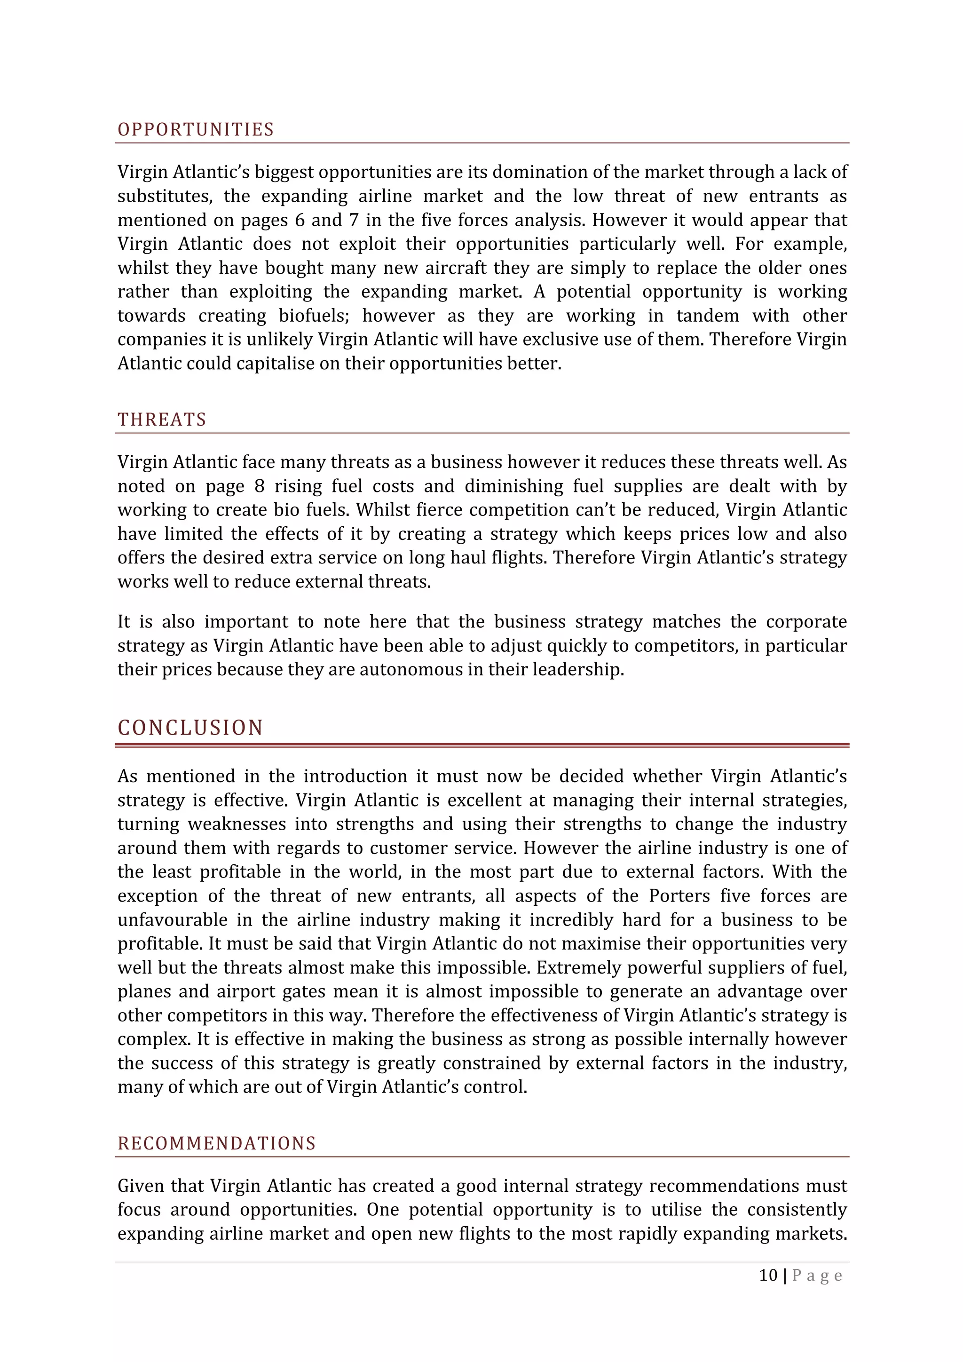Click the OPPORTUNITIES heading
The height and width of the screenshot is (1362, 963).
[x=196, y=129]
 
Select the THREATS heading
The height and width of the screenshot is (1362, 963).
[x=162, y=420]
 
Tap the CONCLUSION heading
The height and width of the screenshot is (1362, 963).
[x=190, y=727]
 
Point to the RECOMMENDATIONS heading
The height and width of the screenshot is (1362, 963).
[x=216, y=1143]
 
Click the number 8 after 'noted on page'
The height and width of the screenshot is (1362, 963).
[x=259, y=486]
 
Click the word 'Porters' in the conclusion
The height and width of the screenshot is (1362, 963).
[x=679, y=896]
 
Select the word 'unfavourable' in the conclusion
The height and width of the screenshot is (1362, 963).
[x=172, y=919]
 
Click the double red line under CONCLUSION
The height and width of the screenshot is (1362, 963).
[x=482, y=745]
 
